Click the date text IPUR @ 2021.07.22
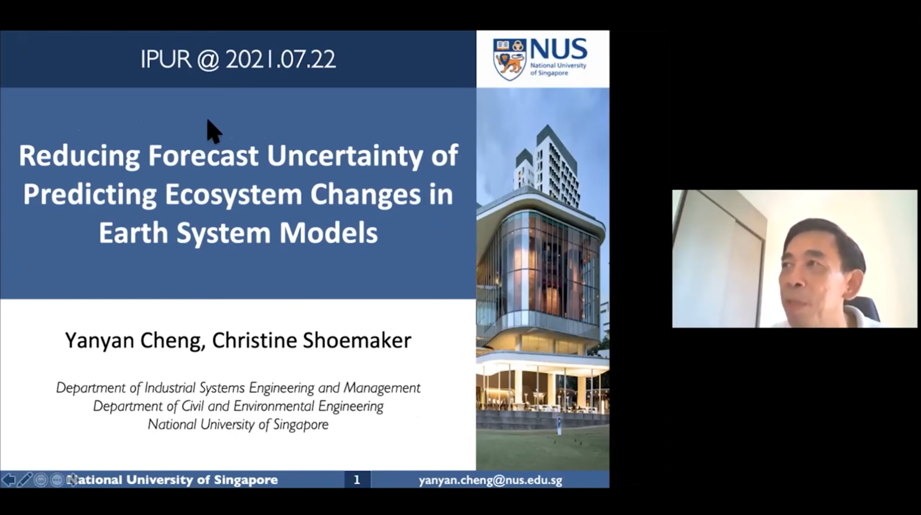click(x=238, y=60)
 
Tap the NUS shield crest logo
click(x=509, y=60)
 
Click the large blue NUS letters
click(x=558, y=49)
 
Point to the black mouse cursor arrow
click(x=214, y=132)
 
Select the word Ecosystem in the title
click(x=233, y=195)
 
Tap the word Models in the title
click(x=328, y=233)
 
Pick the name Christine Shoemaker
click(x=312, y=340)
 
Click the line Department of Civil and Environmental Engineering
click(x=238, y=406)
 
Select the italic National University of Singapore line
click(x=238, y=425)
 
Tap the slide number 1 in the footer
click(x=357, y=479)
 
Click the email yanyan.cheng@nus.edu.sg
click(x=490, y=480)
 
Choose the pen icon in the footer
click(x=24, y=479)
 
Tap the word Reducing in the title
click(x=79, y=156)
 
